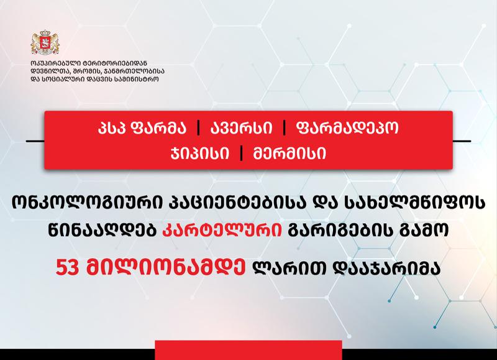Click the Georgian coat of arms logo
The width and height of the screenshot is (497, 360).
(x=45, y=42)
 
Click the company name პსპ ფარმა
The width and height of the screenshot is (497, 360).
(x=142, y=128)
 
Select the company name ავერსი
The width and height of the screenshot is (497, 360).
(x=241, y=128)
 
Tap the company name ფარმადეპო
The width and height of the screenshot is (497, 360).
(x=347, y=128)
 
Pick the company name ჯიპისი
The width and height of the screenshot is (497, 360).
(x=199, y=154)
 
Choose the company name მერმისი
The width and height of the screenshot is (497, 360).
(x=290, y=154)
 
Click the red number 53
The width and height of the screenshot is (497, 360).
(x=67, y=268)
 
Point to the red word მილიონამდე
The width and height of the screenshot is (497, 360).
(x=166, y=268)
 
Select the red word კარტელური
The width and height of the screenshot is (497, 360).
(x=222, y=231)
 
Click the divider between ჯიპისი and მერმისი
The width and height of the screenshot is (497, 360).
(x=242, y=154)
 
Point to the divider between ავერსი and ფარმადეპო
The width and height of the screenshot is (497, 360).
(x=285, y=128)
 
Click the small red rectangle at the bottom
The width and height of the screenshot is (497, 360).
(x=248, y=350)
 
